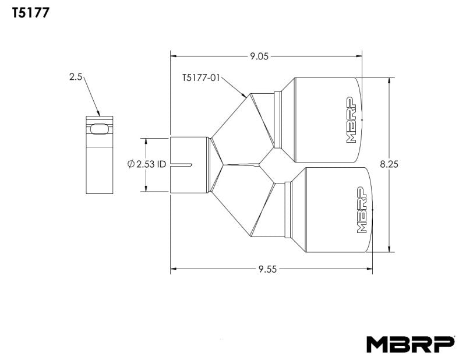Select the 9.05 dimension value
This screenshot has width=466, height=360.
pos(260,57)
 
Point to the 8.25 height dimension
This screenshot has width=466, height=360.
pos(389,165)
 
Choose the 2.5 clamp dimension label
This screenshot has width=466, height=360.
pos(76,76)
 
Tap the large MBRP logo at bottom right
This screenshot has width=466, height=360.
pos(410,344)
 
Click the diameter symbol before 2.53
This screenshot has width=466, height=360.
pos(130,164)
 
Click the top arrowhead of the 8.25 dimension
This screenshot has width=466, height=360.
pos(389,80)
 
